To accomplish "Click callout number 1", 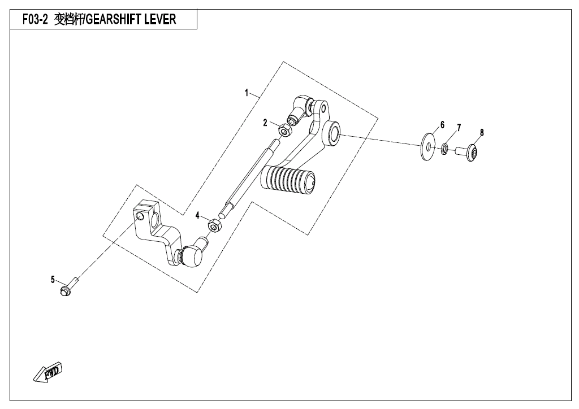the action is tap(247, 93).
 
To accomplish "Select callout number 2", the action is tap(265, 123).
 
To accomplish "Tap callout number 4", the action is tap(197, 216).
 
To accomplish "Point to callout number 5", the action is tap(53, 280).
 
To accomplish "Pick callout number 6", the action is tap(442, 125).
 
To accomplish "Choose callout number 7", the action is tap(459, 128).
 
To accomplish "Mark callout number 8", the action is tap(482, 132).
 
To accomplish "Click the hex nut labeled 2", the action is tap(284, 129).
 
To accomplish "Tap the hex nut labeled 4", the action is tap(214, 225).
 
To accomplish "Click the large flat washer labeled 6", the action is tap(428, 146).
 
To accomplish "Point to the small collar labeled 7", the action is tap(445, 149).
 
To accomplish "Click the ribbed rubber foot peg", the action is tap(288, 180).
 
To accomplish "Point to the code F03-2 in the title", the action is tap(35, 19).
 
